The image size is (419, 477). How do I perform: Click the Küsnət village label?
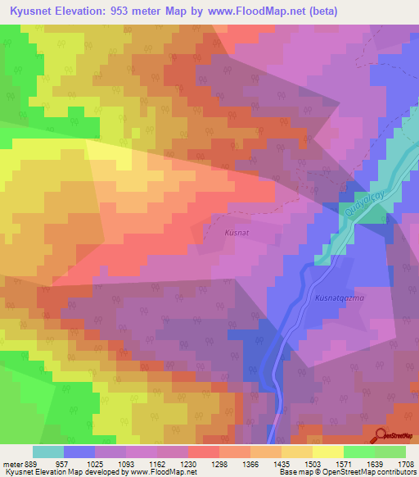[236, 233]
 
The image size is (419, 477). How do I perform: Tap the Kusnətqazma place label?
[339, 298]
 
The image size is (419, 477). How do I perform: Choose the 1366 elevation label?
[262, 464]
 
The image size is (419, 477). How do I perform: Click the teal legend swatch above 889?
[48, 452]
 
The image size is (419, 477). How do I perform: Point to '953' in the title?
[130, 11]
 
